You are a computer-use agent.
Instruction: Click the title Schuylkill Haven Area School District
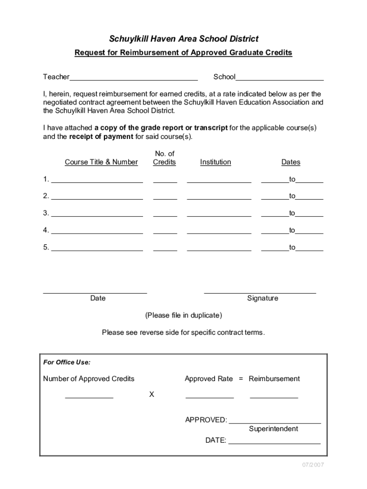183,39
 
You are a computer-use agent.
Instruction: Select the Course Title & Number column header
101,162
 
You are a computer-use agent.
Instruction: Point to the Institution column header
215,162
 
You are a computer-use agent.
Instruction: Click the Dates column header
291,162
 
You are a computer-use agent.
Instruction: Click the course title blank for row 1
97,181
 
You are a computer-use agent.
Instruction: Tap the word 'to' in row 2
292,196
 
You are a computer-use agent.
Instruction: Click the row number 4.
46,230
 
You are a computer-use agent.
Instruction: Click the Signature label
262,298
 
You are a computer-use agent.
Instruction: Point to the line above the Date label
95,292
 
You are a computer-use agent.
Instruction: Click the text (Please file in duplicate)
183,316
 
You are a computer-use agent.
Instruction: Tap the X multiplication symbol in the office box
152,395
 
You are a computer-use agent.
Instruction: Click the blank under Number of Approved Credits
89,397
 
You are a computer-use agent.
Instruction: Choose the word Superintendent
273,429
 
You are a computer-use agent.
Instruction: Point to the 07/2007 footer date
312,465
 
